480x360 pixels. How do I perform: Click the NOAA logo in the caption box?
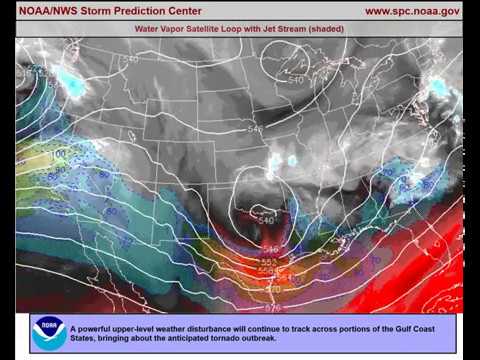[x=49, y=334]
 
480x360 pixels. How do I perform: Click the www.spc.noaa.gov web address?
[x=411, y=11]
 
